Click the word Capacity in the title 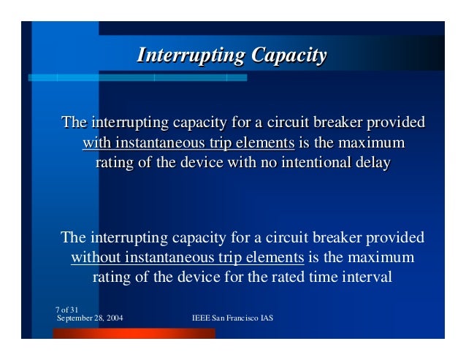coord(288,56)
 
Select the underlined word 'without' coord(96,258)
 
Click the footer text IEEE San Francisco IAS coord(232,319)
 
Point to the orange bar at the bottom coord(135,333)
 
